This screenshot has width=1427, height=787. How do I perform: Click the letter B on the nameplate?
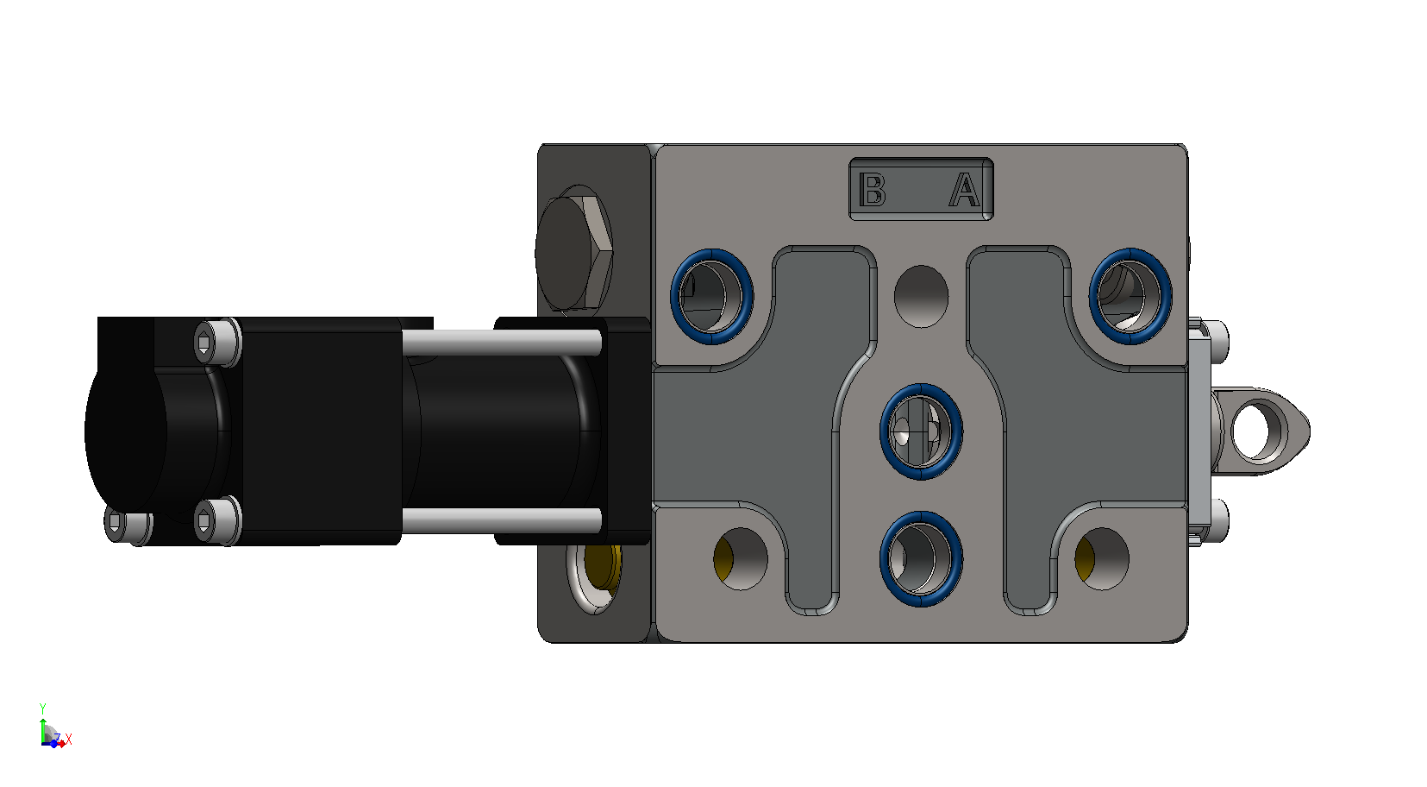pos(872,190)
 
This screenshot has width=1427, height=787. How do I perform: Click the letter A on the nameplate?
pos(965,190)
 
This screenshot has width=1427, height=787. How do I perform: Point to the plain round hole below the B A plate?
pos(921,297)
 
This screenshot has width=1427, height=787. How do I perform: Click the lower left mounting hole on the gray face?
pos(741,558)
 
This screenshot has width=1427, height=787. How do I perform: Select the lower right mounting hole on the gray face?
pos(1102,558)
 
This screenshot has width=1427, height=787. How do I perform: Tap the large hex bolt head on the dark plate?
pos(573,252)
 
